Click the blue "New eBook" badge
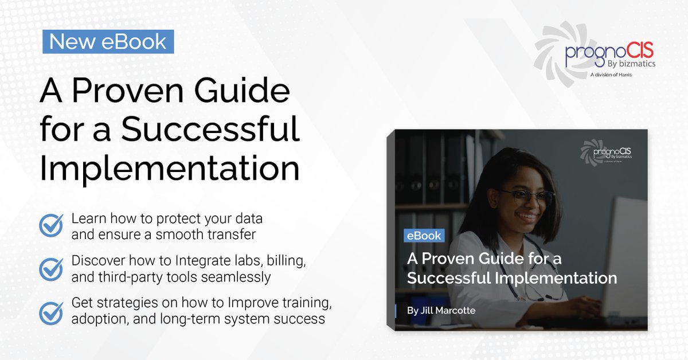(x=108, y=41)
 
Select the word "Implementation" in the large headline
(x=169, y=169)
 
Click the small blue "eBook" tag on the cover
(x=423, y=236)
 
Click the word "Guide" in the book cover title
(x=507, y=259)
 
